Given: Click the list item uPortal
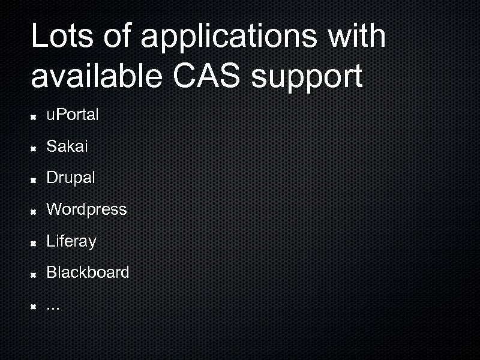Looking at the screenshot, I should (x=73, y=115).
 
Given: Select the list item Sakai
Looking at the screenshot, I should (x=67, y=146).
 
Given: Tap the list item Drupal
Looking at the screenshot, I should (x=71, y=178).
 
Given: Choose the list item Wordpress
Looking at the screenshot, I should (x=86, y=209).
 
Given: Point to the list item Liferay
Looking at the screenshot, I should (x=71, y=241).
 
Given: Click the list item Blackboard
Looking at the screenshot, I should (x=88, y=272).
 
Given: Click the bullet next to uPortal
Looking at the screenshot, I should (x=35, y=116).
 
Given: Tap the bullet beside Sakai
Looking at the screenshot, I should (x=35, y=148).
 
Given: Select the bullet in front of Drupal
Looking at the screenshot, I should (x=35, y=179).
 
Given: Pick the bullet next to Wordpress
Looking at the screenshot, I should (x=35, y=211).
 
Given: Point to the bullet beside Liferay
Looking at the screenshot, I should (x=35, y=243).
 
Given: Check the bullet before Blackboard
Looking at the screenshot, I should (x=35, y=274).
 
